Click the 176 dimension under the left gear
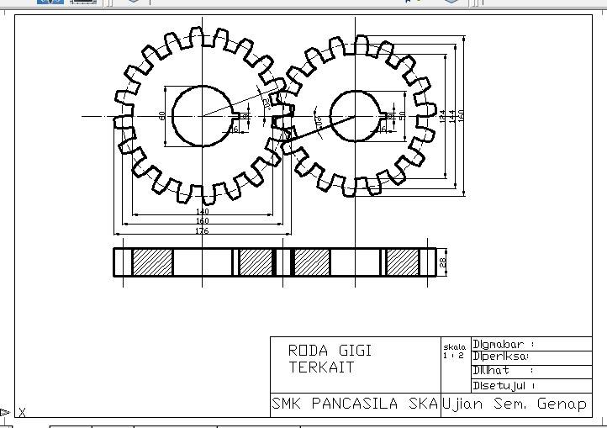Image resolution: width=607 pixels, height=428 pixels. pos(202,230)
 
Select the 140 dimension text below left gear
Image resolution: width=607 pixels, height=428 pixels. pos(202,211)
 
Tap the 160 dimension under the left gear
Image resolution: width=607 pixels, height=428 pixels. pos(202,221)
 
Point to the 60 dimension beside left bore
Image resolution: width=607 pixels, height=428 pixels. pos(161,116)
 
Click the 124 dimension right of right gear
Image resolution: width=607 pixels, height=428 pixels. pos(441,116)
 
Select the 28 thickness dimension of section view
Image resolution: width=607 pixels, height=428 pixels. pos(443,262)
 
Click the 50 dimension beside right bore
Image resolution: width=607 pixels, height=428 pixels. pos(403,116)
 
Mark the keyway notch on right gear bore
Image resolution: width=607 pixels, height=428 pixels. pos(389,116)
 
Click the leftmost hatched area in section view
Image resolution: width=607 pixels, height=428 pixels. pos(152,262)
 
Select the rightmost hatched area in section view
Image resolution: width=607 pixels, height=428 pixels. pos(402,262)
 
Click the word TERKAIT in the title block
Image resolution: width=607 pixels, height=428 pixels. pos(320,367)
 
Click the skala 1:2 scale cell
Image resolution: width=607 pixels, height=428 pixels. pos(453,351)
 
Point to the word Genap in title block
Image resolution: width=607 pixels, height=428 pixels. pos(564,404)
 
